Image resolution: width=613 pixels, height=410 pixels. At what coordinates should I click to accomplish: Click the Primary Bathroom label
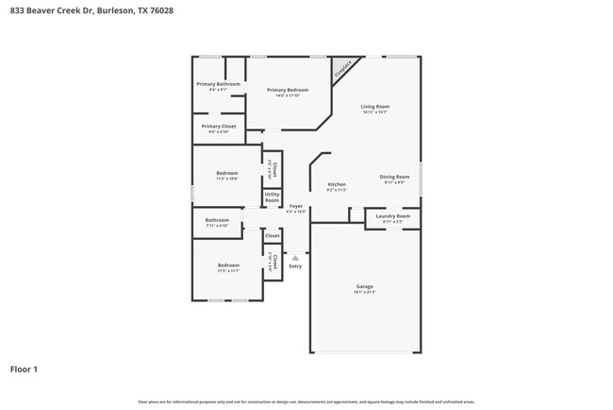coord(218,84)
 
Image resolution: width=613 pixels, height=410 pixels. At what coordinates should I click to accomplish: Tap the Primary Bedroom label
coord(288,90)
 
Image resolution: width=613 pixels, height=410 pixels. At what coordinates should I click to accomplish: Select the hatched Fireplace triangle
coord(342,69)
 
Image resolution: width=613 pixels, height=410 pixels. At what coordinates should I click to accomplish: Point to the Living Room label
coord(374,107)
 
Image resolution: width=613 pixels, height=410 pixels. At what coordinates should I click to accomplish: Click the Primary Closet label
coord(218,126)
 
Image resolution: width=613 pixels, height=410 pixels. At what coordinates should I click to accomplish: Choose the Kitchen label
coord(337,184)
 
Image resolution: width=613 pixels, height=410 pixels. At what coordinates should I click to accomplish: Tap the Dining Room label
coord(394,177)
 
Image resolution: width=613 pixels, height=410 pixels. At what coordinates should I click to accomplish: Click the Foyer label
coord(296,206)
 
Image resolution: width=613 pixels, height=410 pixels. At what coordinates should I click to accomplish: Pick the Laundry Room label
coord(392,216)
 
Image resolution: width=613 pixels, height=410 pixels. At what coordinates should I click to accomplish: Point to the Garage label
coord(364,286)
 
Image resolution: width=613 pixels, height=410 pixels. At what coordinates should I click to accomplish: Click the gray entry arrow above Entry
coord(295,255)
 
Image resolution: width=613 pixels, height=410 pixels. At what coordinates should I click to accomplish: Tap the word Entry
coord(295,265)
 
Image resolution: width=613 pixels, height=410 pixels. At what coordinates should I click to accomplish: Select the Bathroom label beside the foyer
coord(217,220)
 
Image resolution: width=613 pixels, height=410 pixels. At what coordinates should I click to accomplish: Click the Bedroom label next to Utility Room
coord(227,173)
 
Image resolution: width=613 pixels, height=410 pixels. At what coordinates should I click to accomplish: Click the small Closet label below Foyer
coord(272,236)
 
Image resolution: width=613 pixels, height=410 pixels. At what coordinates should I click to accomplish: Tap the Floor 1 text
coord(24,369)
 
